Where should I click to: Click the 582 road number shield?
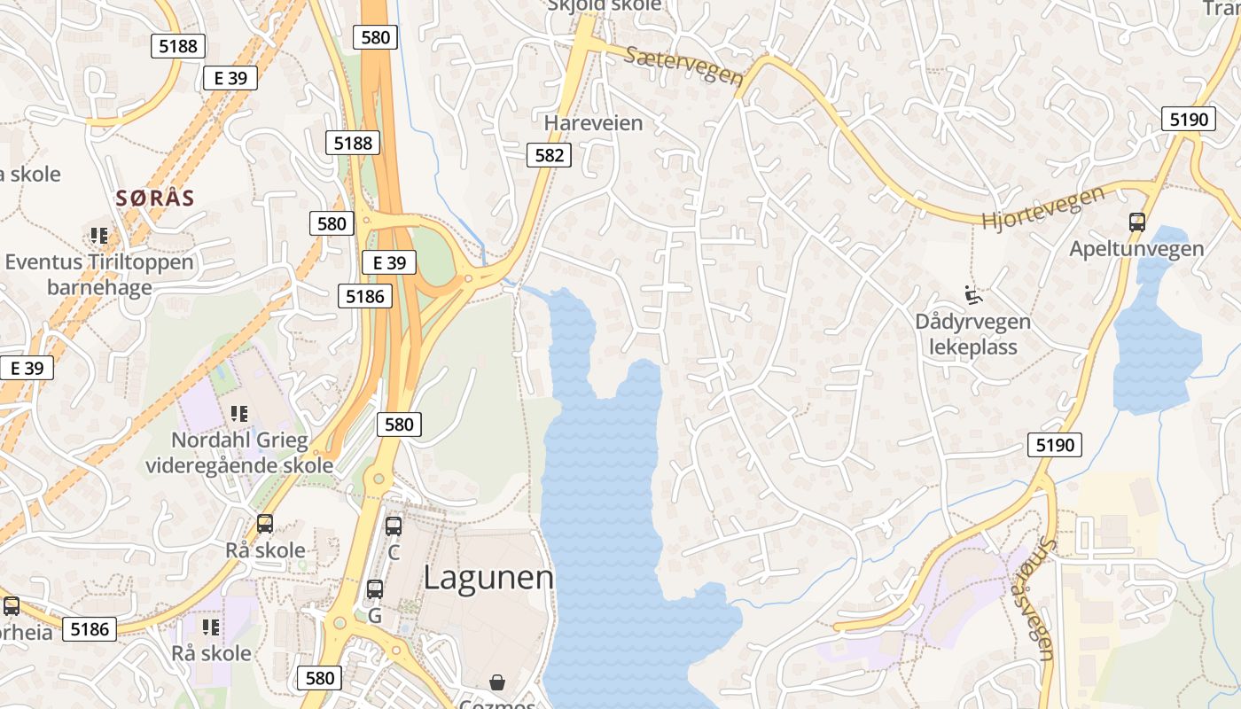550,156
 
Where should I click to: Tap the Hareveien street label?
593,123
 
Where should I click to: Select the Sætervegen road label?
683,66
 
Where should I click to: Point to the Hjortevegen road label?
1043,207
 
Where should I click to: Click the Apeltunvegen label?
1136,249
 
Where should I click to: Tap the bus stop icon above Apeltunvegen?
1137,222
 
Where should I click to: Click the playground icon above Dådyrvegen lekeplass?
972,293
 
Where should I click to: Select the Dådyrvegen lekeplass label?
972,334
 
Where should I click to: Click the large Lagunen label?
488,577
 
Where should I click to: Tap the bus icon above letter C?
394,526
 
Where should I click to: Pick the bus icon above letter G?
375,588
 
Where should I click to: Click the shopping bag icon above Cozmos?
497,682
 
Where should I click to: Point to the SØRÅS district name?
155,198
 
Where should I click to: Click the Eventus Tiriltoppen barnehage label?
98,275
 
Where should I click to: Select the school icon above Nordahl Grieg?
238,413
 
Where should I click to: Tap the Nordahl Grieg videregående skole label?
239,452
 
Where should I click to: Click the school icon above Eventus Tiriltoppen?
98,236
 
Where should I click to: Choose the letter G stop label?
374,615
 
